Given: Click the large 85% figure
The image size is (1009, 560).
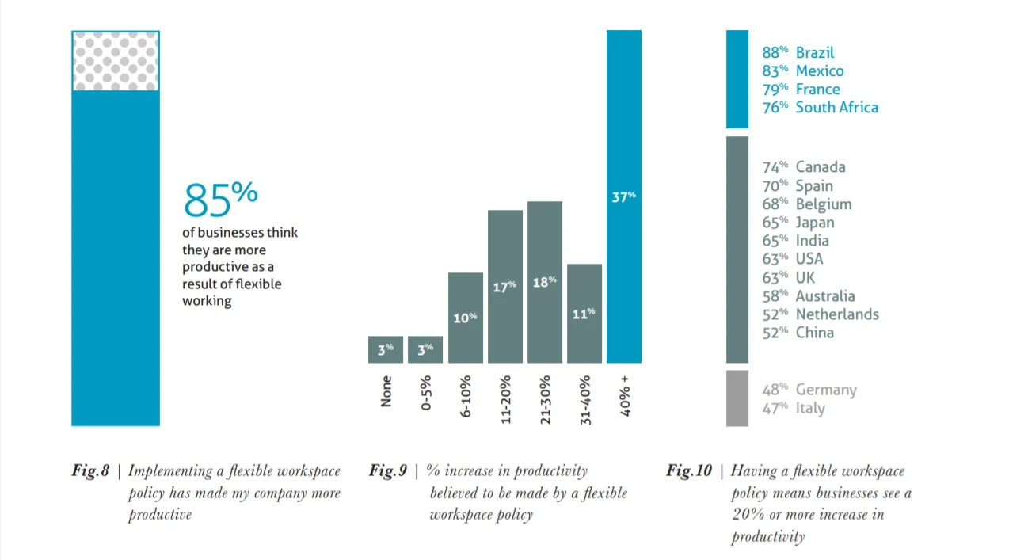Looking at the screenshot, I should (220, 199).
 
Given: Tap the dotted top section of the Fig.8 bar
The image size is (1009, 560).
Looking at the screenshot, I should (116, 61).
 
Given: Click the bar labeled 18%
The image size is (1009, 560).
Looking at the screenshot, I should (545, 282).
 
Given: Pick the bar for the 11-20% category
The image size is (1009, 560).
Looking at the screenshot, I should (504, 286).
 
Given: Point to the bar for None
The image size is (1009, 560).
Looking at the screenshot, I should (386, 349).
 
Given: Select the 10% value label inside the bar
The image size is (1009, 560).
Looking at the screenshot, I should (466, 318).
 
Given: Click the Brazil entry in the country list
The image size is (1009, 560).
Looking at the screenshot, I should (814, 52).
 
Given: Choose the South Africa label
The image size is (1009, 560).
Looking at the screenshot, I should (836, 107).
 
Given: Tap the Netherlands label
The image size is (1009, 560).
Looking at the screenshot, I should (837, 314).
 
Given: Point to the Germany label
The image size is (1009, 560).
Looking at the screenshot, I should (826, 390).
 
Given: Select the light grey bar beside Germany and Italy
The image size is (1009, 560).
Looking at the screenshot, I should (737, 398).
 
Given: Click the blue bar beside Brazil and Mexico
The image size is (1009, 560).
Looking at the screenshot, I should (737, 79).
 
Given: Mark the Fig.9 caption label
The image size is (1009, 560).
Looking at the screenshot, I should (388, 471).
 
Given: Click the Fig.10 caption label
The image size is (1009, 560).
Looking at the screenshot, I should (689, 471).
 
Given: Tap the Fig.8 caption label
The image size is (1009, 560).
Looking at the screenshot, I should (90, 471).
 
